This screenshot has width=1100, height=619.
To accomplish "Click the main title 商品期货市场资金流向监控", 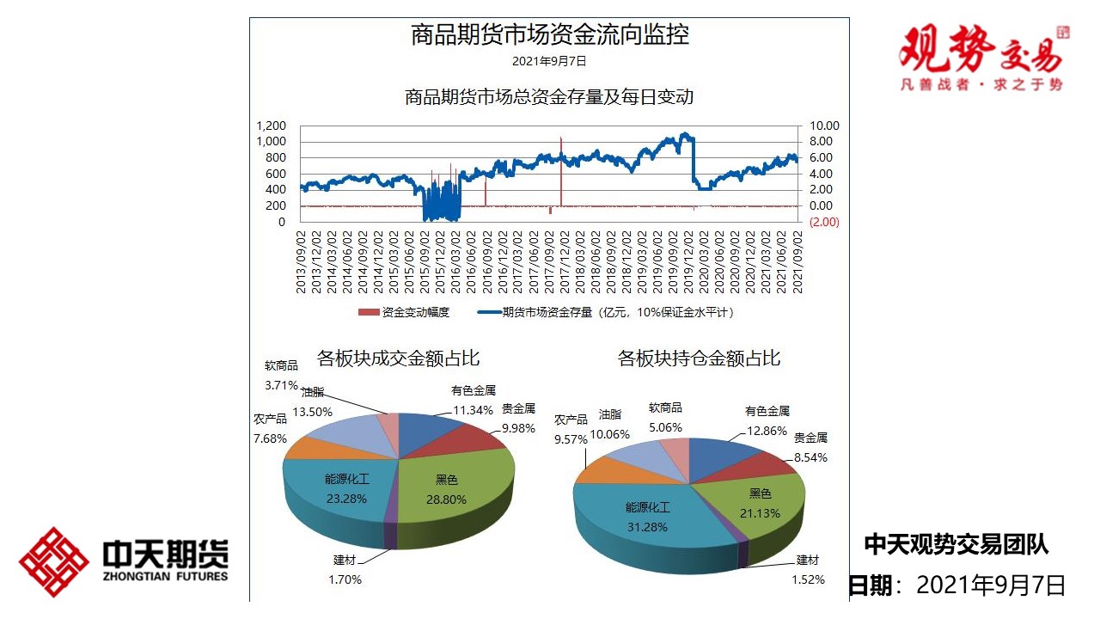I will tap(550, 36).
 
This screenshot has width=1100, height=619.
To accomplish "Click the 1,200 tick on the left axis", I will tap(271, 126).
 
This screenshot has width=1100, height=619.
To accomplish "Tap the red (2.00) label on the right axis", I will tap(824, 222).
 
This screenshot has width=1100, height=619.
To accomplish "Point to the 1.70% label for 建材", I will tap(345, 579).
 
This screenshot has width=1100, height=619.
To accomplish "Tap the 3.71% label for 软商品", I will tap(281, 384).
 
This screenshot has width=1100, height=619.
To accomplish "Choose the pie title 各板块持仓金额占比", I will tap(699, 359).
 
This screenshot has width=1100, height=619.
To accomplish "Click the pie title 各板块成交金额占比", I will tap(398, 358).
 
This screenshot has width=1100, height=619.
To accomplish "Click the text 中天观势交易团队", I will tap(956, 544).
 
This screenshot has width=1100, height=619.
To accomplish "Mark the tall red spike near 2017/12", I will tap(560, 168).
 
